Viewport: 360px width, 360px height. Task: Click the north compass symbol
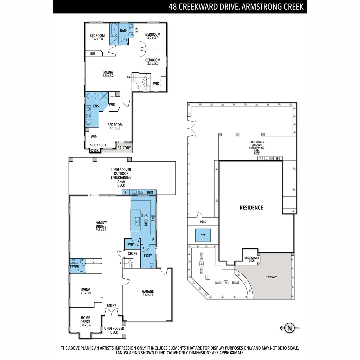289,328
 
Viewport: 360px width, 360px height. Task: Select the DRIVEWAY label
271,277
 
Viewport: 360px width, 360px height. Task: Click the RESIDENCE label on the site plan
251,208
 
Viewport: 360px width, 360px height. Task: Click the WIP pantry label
131,244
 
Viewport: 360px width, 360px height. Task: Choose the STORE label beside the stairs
132,254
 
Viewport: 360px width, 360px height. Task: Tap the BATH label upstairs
124,31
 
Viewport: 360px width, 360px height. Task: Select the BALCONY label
124,148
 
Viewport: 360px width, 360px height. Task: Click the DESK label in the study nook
95,150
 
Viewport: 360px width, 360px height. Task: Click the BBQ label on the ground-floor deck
150,192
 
